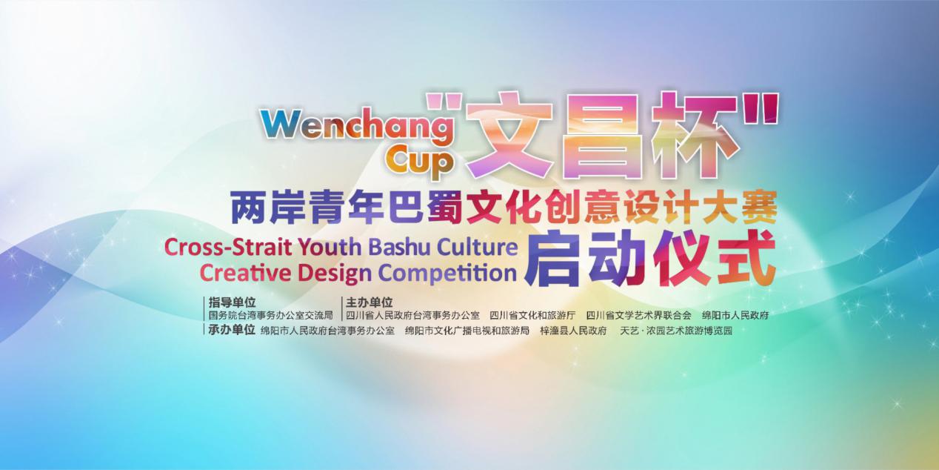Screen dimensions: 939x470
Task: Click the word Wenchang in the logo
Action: pos(357,126)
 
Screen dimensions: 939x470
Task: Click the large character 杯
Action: pos(697,137)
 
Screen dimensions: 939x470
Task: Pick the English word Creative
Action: pos(245,272)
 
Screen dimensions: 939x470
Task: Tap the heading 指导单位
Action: pos(233,302)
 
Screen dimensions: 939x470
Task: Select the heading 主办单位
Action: pos(369,302)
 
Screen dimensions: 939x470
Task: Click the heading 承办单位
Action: pos(232,330)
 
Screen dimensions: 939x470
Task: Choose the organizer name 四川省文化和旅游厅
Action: pos(532,315)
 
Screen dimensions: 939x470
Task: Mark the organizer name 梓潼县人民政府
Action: pos(573,331)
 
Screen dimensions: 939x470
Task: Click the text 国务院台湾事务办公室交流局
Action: pos(271,315)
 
